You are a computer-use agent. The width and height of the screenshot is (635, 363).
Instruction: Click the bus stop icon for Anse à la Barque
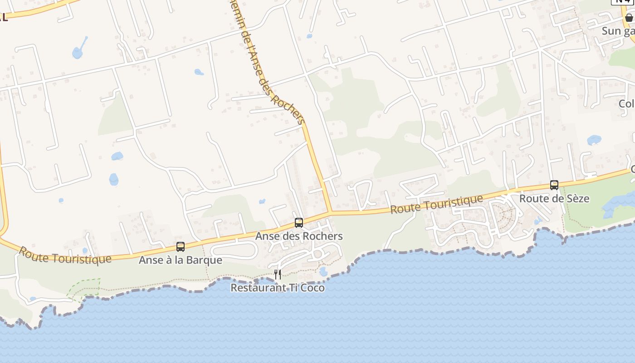click(181, 247)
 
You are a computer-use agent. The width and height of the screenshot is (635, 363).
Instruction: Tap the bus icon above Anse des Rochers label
click(299, 222)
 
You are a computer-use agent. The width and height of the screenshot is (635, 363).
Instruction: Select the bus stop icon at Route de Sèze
click(554, 185)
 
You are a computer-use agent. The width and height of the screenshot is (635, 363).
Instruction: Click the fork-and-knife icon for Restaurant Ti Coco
click(278, 274)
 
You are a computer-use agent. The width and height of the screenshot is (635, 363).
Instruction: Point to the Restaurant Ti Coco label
click(278, 288)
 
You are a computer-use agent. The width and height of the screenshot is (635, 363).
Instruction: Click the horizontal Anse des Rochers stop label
click(299, 236)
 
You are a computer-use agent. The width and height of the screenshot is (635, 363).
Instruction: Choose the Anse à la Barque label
click(181, 260)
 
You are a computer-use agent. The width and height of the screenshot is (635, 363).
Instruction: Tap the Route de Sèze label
click(554, 198)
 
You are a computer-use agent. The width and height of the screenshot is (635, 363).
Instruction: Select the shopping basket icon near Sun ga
click(629, 18)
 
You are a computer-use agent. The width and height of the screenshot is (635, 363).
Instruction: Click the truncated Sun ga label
click(618, 31)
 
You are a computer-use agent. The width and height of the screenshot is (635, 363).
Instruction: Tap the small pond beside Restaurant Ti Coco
click(323, 271)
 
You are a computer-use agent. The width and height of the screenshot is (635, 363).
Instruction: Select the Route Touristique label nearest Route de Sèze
click(436, 204)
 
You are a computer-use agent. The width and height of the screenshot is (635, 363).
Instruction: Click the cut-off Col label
click(626, 103)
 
